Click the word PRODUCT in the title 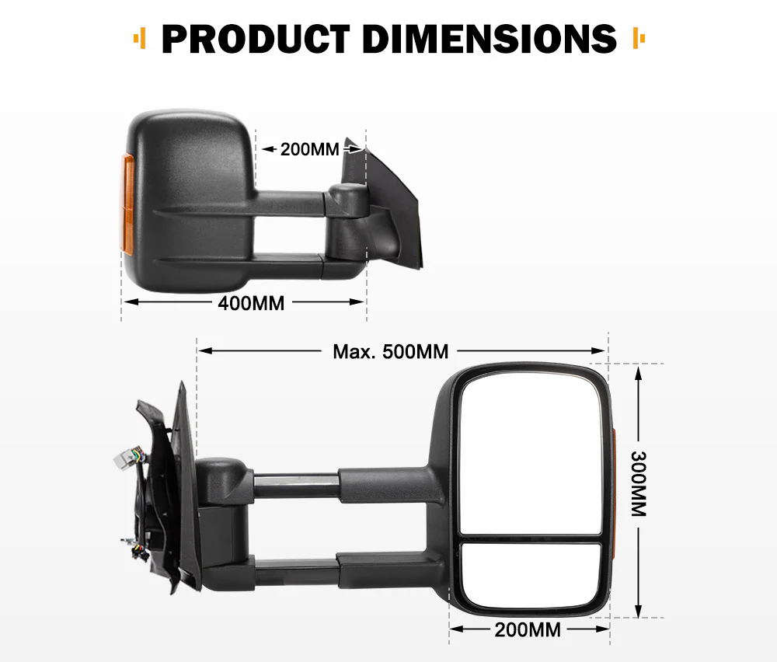[256, 39]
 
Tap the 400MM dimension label [251, 303]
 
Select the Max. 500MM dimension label [391, 351]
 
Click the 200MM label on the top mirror [310, 148]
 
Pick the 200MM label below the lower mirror [528, 629]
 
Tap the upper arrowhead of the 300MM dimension [638, 371]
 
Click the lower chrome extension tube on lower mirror [295, 573]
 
